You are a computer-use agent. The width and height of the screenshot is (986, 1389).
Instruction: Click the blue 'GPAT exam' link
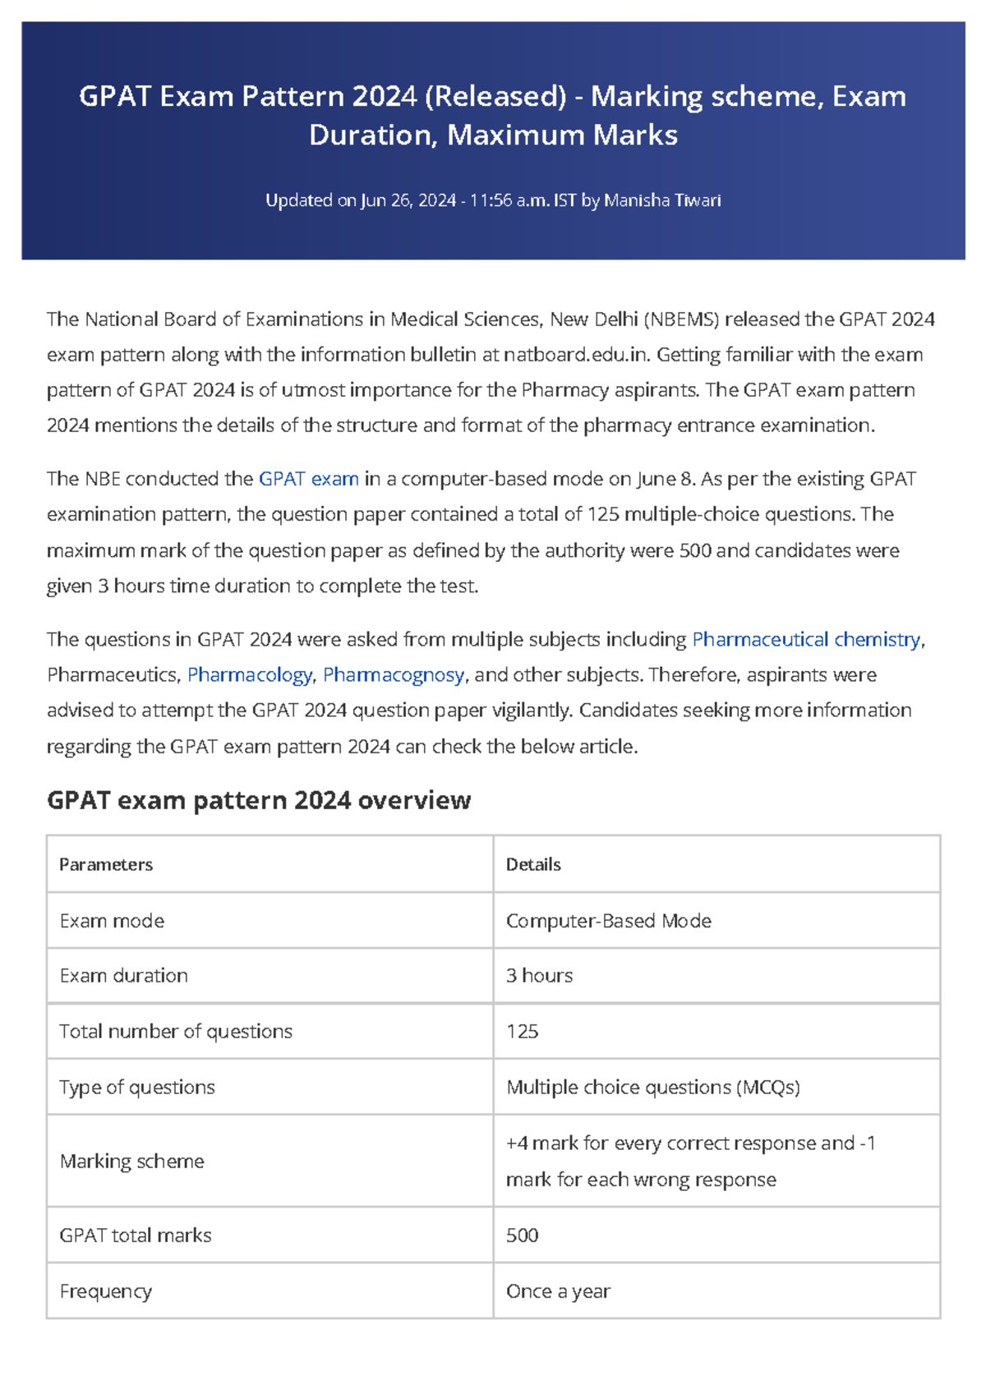[x=308, y=479]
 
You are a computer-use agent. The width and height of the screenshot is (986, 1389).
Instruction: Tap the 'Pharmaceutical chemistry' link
[x=806, y=639]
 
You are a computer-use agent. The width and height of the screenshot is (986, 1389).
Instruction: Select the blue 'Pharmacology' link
[x=250, y=674]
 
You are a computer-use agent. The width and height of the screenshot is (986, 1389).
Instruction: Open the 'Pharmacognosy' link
[x=394, y=674]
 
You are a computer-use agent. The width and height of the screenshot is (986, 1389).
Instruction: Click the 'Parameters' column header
[x=106, y=864]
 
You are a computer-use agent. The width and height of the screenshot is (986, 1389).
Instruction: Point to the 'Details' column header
[x=533, y=864]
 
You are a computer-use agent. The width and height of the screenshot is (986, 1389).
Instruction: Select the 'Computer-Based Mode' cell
[x=608, y=921]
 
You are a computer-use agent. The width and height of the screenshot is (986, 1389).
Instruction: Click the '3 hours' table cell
[x=539, y=975]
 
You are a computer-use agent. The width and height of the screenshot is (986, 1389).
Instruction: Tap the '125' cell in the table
[x=522, y=1031]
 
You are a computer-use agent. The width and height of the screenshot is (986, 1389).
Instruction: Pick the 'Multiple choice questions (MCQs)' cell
[x=652, y=1087]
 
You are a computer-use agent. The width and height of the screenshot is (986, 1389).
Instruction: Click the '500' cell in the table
[x=522, y=1235]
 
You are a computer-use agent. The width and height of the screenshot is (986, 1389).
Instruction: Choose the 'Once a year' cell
[x=558, y=1291]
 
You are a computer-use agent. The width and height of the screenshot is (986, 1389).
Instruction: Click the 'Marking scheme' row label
[x=131, y=1161]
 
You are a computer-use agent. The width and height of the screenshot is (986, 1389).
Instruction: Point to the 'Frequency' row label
[x=105, y=1291]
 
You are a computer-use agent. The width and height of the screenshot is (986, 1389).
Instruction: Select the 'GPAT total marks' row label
[x=135, y=1235]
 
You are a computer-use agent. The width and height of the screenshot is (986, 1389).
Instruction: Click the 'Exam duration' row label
[x=123, y=975]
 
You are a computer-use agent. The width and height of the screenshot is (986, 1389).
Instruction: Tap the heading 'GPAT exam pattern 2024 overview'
[x=259, y=800]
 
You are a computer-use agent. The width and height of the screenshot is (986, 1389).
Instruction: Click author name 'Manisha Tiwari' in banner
[x=662, y=200]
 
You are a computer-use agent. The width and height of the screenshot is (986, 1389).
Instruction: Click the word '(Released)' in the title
[x=495, y=97]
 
